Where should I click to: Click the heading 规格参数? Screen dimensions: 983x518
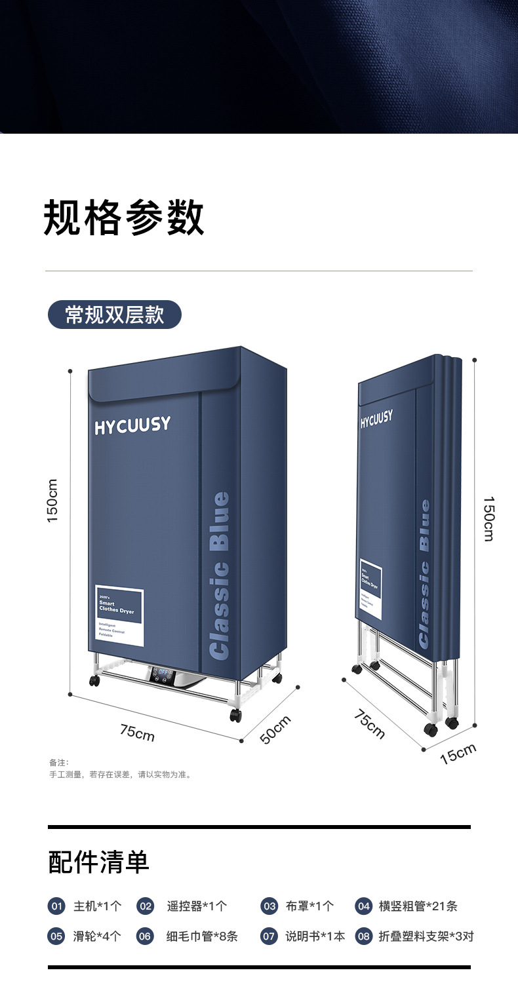click(x=124, y=218)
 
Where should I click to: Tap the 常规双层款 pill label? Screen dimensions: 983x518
click(x=115, y=315)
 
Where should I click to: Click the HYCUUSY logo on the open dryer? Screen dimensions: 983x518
click(x=132, y=426)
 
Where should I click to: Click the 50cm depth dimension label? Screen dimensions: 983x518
click(x=275, y=729)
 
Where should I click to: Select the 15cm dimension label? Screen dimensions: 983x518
click(x=458, y=754)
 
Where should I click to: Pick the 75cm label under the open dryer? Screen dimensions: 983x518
click(x=137, y=732)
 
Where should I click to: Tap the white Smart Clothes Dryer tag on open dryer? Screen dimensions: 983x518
click(x=119, y=615)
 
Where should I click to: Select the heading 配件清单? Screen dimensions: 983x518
click(x=99, y=862)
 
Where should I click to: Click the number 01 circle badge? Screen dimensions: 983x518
click(x=57, y=906)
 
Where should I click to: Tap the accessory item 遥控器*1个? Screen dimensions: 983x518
click(x=197, y=906)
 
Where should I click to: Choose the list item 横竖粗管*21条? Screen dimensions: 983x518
click(x=418, y=906)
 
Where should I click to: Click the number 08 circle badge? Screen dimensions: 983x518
click(x=363, y=936)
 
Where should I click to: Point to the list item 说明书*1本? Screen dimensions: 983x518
click(x=315, y=936)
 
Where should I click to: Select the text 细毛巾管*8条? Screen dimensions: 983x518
click(x=202, y=936)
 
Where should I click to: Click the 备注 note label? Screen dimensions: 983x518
click(x=59, y=762)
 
